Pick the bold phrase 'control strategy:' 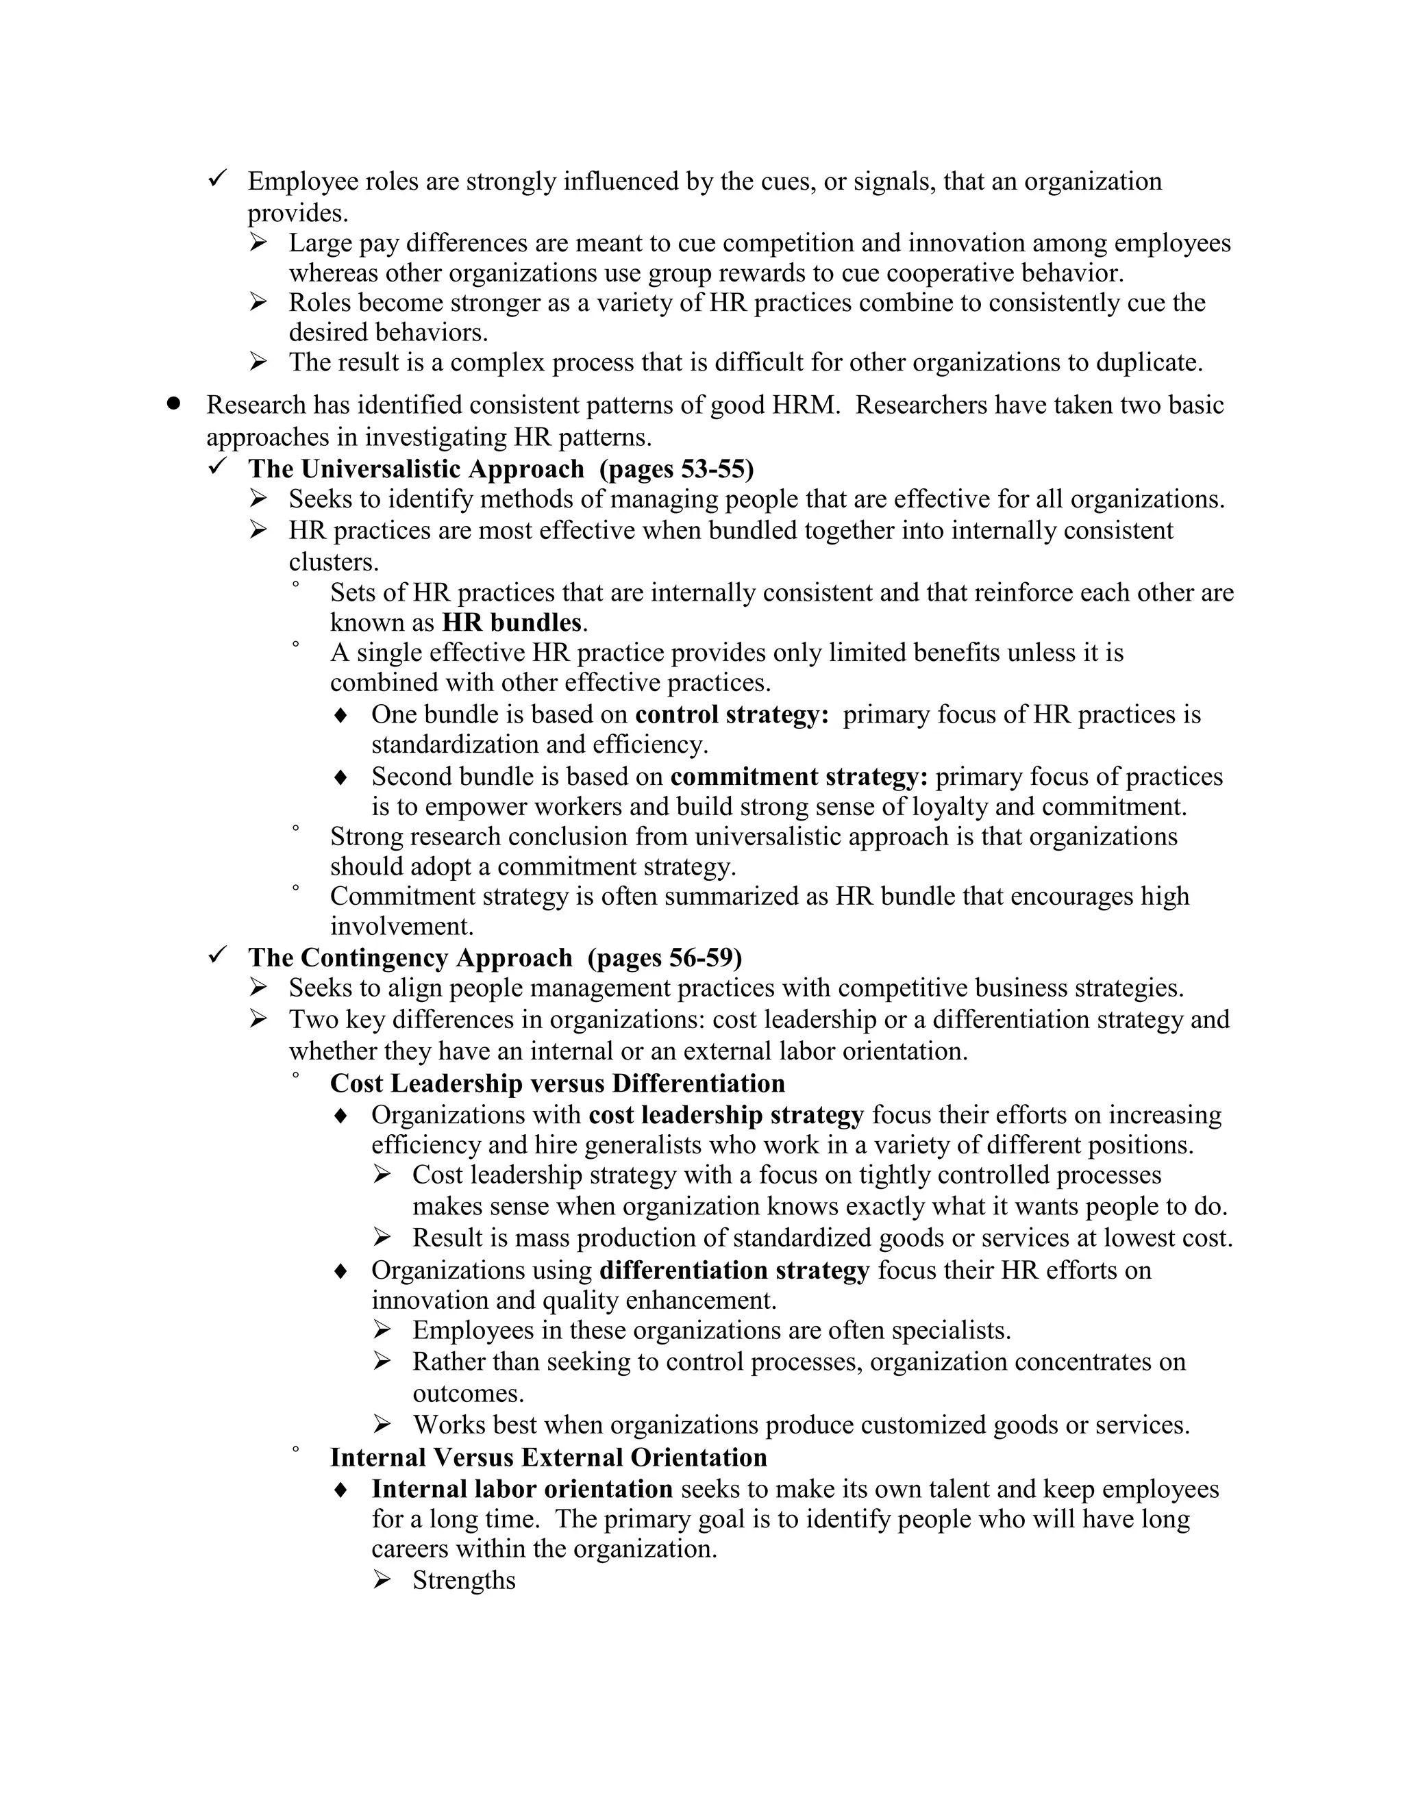732,714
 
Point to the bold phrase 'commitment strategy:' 799,776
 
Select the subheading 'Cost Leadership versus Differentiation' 557,1083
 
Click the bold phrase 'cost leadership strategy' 725,1114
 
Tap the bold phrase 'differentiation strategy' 734,1270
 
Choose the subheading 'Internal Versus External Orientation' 548,1457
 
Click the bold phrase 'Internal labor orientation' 522,1488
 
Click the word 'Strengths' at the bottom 464,1580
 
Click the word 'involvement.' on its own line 401,926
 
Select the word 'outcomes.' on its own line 468,1393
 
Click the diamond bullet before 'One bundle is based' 340,714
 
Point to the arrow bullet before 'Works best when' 382,1425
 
